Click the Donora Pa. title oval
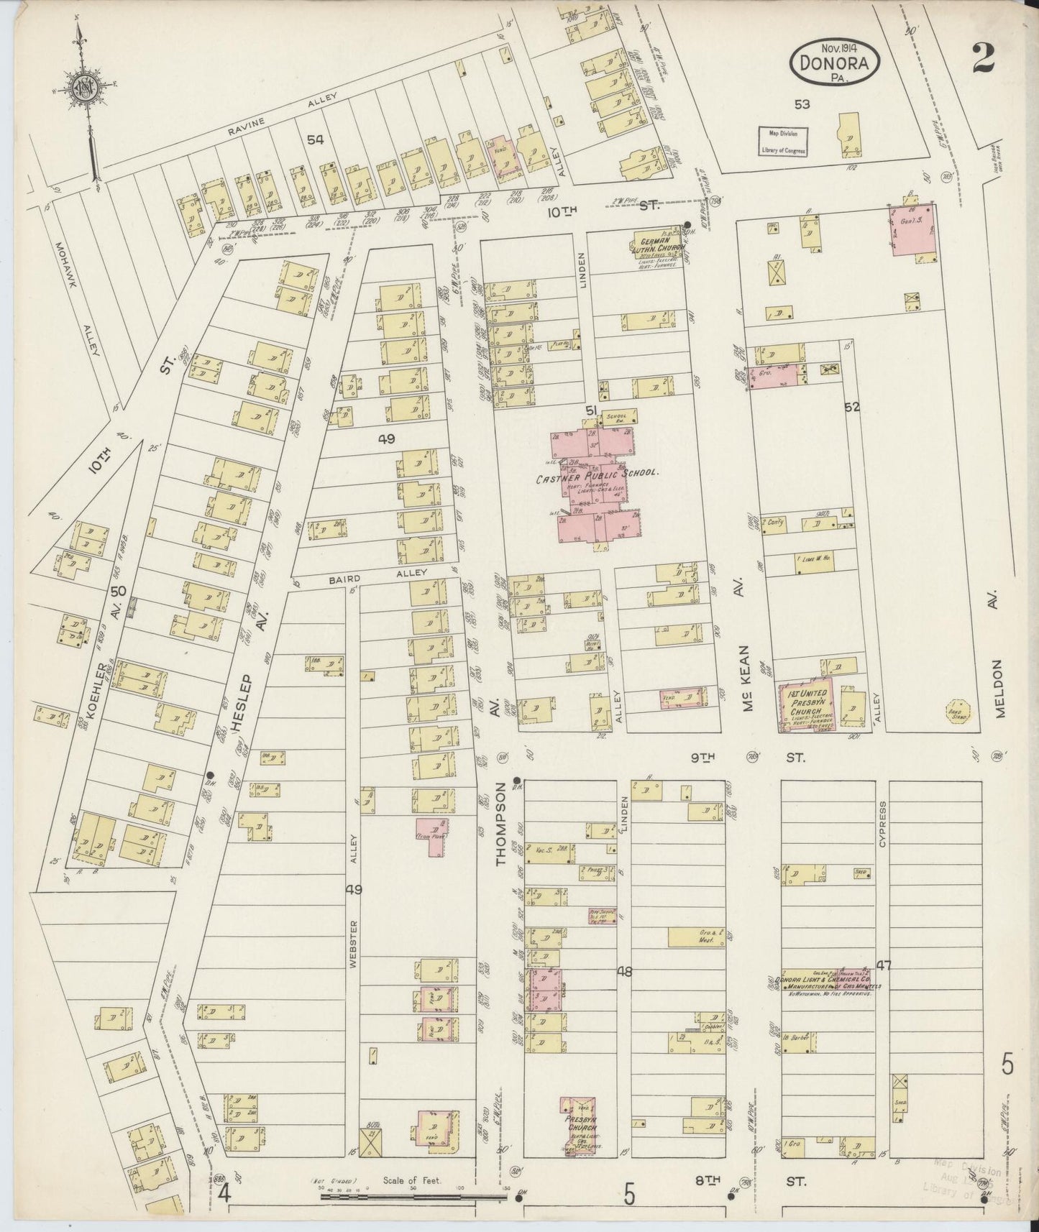pyautogui.click(x=836, y=63)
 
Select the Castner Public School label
pyautogui.click(x=598, y=474)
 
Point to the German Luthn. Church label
pyautogui.click(x=659, y=244)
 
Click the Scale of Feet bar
pyautogui.click(x=413, y=1197)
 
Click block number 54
pyautogui.click(x=314, y=139)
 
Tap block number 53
pyautogui.click(x=802, y=104)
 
